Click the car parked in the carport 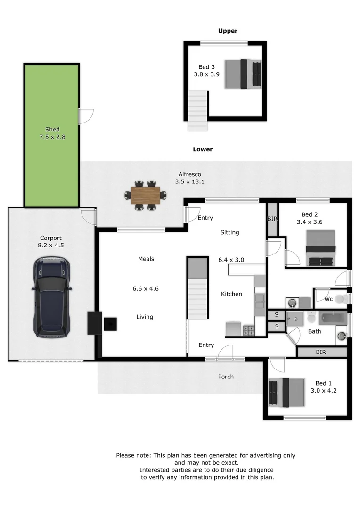pos(52,296)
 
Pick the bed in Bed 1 pos(286,392)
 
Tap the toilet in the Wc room pos(345,299)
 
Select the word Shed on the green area pos(52,129)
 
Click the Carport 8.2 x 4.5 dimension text pos(50,245)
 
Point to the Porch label pos(226,377)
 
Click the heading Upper pos(228,31)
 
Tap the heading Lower pos(203,149)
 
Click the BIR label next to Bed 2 pos(272,219)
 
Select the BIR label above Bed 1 pos(321,352)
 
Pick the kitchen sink pos(259,304)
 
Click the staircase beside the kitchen pos(197,292)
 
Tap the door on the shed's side pos(86,116)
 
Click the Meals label pos(146,259)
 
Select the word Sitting pos(229,232)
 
